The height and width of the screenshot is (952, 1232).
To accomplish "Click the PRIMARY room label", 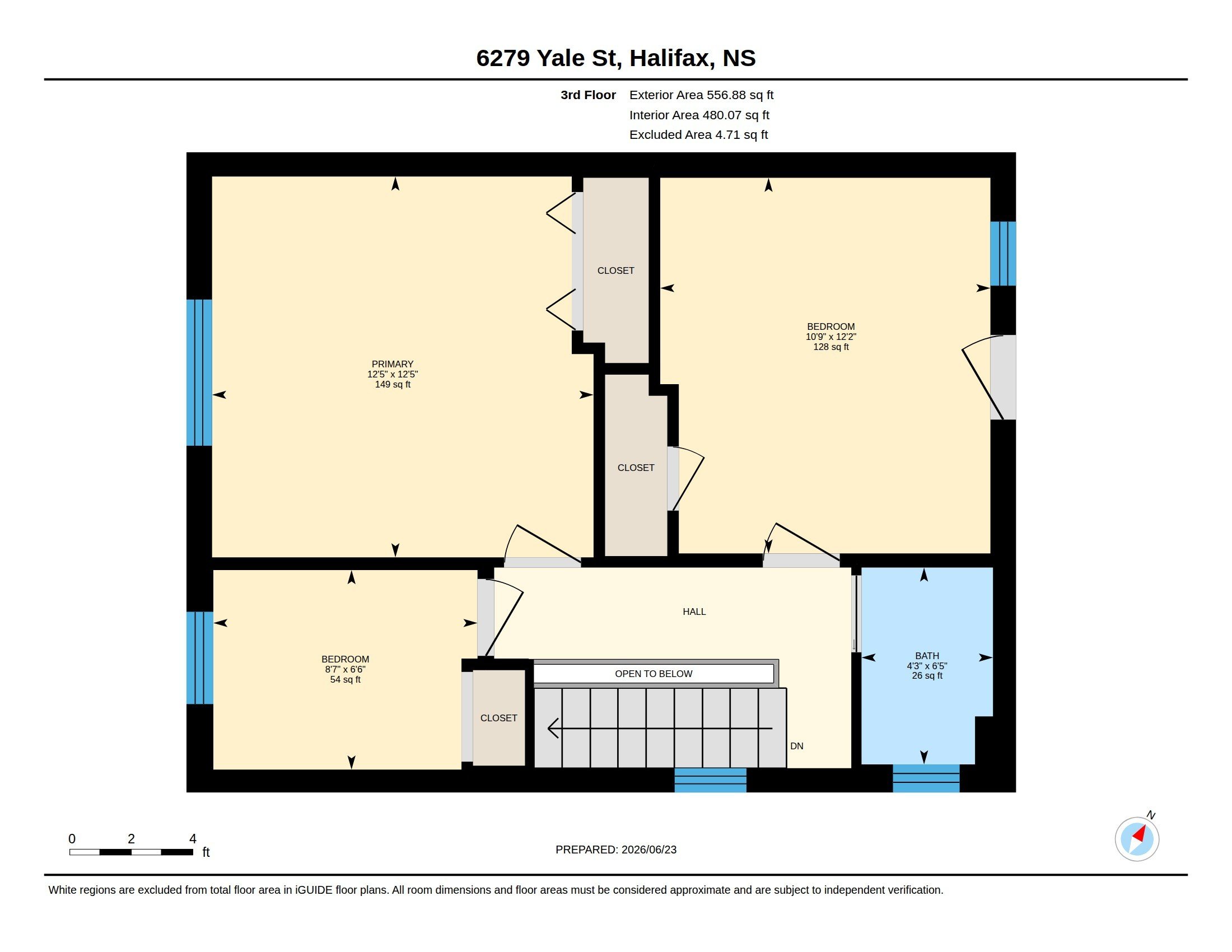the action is [393, 365].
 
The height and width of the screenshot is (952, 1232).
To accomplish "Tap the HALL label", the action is [694, 612].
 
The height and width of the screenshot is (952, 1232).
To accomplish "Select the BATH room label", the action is [927, 656].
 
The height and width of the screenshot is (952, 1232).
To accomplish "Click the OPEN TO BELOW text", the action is [653, 674].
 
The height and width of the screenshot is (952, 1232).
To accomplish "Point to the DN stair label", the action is [796, 746].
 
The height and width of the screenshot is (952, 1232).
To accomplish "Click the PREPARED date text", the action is [616, 850].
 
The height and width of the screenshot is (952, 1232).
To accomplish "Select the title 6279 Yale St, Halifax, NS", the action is [616, 58].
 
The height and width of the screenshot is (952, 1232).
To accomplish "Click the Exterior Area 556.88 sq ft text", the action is [701, 95].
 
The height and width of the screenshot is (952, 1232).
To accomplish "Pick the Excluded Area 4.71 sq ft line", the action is [698, 135].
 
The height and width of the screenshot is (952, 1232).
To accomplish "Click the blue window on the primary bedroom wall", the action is [199, 372].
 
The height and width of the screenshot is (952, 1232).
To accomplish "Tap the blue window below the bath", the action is [926, 778].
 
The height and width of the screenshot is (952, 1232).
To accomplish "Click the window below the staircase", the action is [710, 780].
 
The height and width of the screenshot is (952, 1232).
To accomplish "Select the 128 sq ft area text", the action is [831, 347].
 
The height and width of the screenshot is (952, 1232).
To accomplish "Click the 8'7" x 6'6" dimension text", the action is [345, 669].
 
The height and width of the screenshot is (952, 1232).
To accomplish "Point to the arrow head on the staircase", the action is [553, 728].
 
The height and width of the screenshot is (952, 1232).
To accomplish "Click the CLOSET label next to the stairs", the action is [498, 718].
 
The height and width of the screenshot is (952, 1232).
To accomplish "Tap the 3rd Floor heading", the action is [589, 95].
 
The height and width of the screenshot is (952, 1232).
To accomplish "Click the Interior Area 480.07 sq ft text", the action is [699, 115].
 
